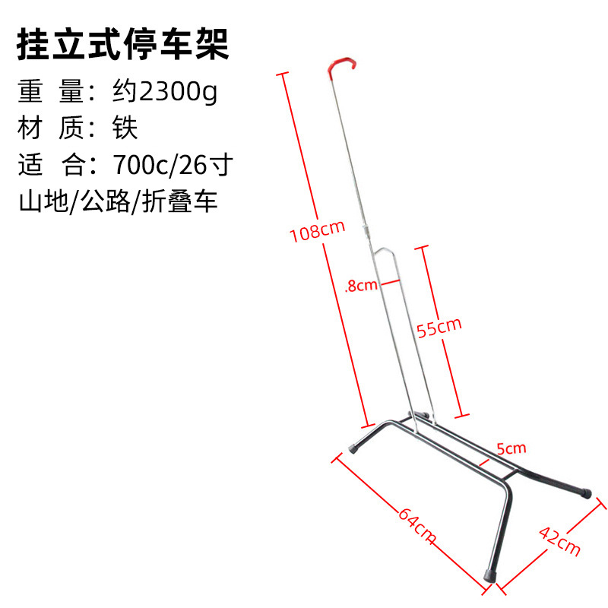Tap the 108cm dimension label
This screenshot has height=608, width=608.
click(x=317, y=230)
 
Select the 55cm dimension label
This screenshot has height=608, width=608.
click(x=439, y=327)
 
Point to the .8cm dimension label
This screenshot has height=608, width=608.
click(x=360, y=286)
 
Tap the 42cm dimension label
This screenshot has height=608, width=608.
click(x=559, y=538)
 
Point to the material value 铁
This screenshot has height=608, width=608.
click(x=126, y=128)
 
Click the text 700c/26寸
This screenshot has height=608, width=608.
click(x=172, y=163)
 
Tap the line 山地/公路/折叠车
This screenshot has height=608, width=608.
click(x=118, y=201)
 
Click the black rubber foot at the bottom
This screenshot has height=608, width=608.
click(x=488, y=575)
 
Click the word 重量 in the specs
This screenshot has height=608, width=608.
click(x=49, y=93)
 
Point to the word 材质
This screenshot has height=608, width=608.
click(x=49, y=128)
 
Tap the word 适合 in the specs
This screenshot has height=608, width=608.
click(x=49, y=163)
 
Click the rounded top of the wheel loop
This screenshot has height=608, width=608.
click(x=384, y=251)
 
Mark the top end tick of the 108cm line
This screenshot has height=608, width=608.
click(x=283, y=74)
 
